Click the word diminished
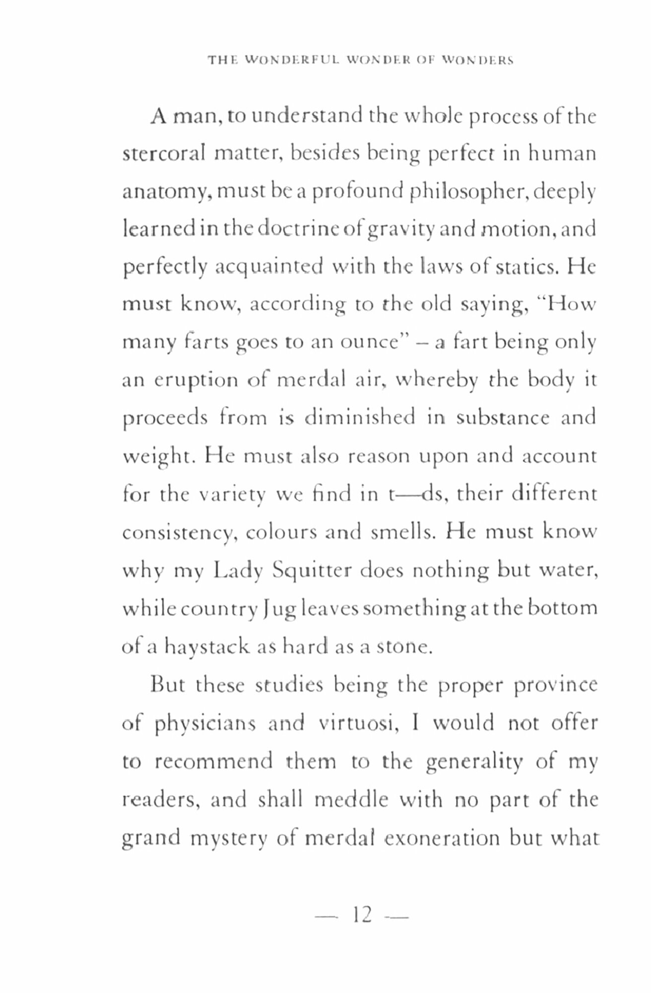pos(360,418)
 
